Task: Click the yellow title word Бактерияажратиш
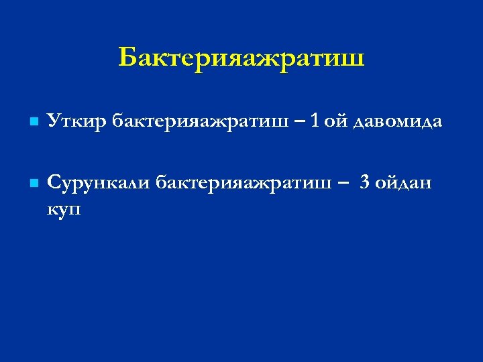click(x=241, y=58)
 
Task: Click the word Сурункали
click(x=99, y=181)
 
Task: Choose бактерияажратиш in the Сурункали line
click(x=244, y=181)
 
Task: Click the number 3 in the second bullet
click(x=364, y=181)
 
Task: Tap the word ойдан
click(x=405, y=181)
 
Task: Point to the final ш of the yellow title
click(x=354, y=58)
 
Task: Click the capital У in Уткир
click(x=52, y=122)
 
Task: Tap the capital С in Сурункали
click(x=53, y=181)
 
